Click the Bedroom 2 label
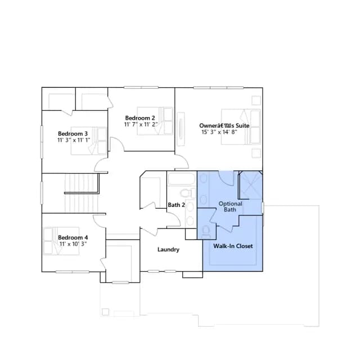pyautogui.click(x=140, y=118)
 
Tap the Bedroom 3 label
pyautogui.click(x=73, y=134)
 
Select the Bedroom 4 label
pyautogui.click(x=73, y=237)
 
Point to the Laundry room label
pyautogui.click(x=168, y=250)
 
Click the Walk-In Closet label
pyautogui.click(x=233, y=246)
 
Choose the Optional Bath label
pyautogui.click(x=230, y=206)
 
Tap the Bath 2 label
pyautogui.click(x=176, y=205)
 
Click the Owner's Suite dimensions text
pyautogui.click(x=219, y=132)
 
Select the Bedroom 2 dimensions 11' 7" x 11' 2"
pyautogui.click(x=141, y=124)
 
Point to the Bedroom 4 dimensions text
pyautogui.click(x=73, y=244)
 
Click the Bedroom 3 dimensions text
pyautogui.click(x=74, y=140)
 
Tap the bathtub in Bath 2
pyautogui.click(x=182, y=179)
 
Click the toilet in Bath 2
pyautogui.click(x=188, y=193)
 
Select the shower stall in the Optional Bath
pyautogui.click(x=250, y=185)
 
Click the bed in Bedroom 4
pyautogui.click(x=61, y=241)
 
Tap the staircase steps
pyautogui.click(x=82, y=193)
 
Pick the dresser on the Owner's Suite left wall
pyautogui.click(x=181, y=129)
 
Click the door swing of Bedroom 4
pyautogui.click(x=99, y=221)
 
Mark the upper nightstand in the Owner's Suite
pyautogui.click(x=256, y=100)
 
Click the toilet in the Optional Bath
pyautogui.click(x=206, y=231)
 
